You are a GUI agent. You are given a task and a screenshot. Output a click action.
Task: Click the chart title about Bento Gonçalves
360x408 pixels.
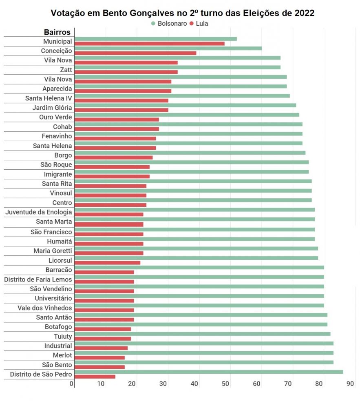click(182, 13)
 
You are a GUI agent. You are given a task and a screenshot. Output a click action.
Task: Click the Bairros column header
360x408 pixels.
click(57, 32)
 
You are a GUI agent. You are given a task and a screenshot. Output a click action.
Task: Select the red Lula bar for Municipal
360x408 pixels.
click(150, 44)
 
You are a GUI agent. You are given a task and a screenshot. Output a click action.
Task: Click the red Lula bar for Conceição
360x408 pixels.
click(135, 53)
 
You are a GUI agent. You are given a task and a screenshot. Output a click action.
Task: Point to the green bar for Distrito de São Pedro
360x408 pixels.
click(209, 372)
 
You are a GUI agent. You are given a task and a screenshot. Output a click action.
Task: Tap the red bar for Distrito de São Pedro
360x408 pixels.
click(95, 377)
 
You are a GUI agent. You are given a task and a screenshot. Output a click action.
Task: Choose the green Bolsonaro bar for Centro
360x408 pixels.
click(193, 200)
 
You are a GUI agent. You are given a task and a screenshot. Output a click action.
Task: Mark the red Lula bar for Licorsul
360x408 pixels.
click(108, 262)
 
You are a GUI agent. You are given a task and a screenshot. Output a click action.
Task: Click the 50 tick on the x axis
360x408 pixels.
click(226, 384)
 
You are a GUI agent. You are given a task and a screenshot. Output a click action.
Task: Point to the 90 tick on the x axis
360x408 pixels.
click(350, 384)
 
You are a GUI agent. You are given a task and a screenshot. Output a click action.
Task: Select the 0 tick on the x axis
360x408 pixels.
click(72, 384)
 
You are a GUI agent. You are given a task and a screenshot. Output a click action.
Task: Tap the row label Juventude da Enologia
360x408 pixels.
click(39, 212)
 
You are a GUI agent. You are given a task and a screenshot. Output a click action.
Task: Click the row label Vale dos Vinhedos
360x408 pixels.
click(45, 308)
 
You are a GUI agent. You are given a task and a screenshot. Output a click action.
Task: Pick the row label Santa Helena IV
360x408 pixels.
click(49, 98)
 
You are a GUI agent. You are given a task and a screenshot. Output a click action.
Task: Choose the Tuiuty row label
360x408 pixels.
click(63, 336)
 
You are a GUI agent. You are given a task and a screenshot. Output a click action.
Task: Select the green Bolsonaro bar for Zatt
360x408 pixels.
click(177, 67)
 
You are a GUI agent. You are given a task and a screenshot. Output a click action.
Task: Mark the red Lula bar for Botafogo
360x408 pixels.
click(103, 329)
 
